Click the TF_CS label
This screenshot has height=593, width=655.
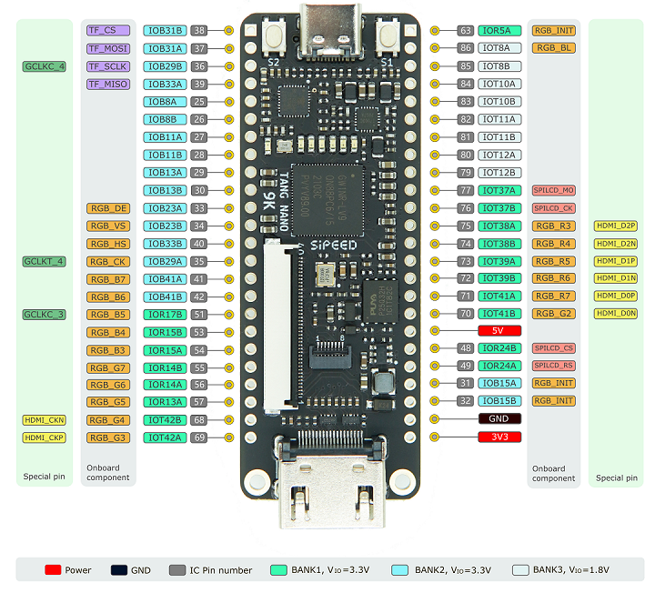coord(106,31)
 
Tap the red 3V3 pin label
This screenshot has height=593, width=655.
coord(499,437)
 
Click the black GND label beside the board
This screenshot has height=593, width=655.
coord(499,419)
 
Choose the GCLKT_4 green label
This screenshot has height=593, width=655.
coord(44,261)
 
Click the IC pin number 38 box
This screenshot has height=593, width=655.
coord(199,31)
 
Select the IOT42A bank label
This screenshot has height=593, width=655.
coord(166,437)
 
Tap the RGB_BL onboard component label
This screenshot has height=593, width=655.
coord(553,48)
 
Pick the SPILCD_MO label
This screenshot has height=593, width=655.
coord(553,190)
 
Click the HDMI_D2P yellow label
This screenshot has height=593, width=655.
coord(616,226)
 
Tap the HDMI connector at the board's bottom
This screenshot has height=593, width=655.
coord(327,487)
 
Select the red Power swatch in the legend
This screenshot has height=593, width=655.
coord(52,570)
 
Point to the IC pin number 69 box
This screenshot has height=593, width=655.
coord(199,437)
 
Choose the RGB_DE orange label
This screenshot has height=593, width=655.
coord(106,208)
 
